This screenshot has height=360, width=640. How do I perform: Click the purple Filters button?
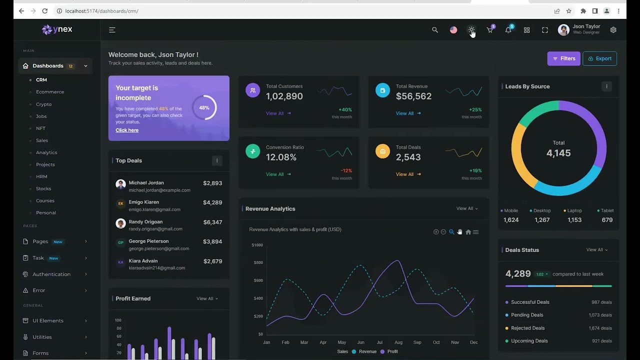(x=563, y=58)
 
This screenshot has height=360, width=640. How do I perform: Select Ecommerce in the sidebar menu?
(x=50, y=92)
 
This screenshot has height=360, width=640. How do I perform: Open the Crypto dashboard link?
(x=43, y=104)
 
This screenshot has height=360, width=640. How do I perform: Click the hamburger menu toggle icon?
(x=112, y=30)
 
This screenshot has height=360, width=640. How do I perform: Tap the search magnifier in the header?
(x=435, y=30)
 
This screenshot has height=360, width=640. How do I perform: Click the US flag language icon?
(x=453, y=30)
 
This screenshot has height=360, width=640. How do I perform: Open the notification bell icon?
(x=508, y=30)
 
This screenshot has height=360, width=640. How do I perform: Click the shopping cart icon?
(x=490, y=30)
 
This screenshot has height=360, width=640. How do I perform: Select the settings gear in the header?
(x=613, y=30)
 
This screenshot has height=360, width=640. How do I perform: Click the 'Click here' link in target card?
(x=127, y=130)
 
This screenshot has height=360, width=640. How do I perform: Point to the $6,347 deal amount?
(x=212, y=222)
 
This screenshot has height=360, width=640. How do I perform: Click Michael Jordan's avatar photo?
(x=120, y=184)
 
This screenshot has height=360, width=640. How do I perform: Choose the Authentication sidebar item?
(x=51, y=274)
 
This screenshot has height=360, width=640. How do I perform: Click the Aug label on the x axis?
(x=398, y=342)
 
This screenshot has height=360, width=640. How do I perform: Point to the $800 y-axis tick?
(x=258, y=262)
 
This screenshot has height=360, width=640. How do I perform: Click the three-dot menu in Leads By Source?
(x=606, y=86)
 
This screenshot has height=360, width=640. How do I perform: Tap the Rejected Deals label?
(x=527, y=328)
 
